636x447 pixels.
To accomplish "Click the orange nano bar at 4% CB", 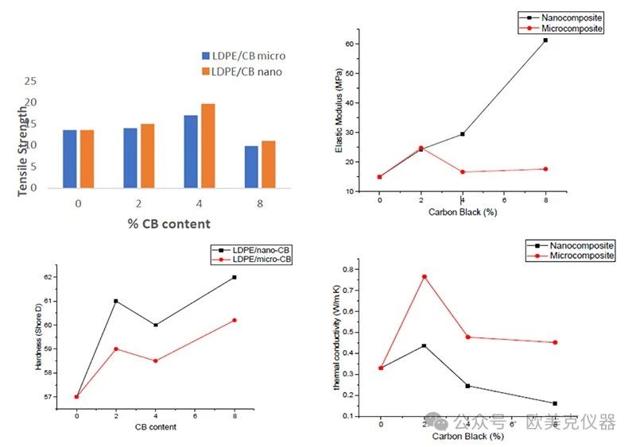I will [207, 146].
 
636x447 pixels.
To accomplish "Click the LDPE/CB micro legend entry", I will [243, 56].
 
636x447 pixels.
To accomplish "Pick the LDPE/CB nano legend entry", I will [242, 71].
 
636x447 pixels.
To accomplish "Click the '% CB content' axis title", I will [169, 224].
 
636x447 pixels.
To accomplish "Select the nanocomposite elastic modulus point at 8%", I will [545, 40].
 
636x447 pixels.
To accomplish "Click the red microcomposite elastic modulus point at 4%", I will [463, 171].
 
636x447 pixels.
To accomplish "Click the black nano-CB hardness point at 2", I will [116, 301].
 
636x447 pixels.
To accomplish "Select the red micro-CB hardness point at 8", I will [235, 320].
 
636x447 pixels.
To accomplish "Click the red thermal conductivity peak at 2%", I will [425, 276].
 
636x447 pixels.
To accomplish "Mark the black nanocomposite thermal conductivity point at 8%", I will [555, 403].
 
